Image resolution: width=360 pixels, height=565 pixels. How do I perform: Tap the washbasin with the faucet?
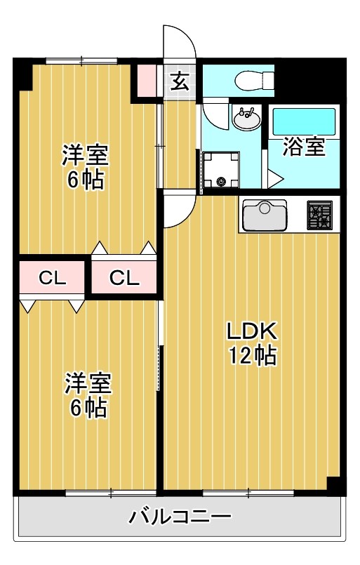click(x=245, y=120)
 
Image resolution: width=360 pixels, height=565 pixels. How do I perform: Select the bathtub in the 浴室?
click(x=305, y=121)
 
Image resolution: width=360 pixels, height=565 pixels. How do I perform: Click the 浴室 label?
click(x=304, y=147)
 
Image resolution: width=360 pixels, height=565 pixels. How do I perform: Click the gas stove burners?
click(x=322, y=215)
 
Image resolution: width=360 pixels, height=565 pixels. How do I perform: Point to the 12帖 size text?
click(x=251, y=357)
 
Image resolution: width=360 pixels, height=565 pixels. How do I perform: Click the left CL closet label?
click(x=52, y=279)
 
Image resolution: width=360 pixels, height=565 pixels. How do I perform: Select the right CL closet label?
click(x=124, y=279)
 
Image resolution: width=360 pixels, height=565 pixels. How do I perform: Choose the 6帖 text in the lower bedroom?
click(x=88, y=408)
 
